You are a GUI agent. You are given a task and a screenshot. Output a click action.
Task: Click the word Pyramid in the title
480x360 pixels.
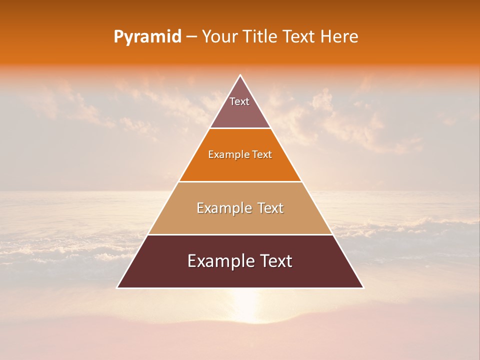click(x=147, y=37)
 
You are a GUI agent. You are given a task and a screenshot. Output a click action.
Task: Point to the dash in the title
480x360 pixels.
click(x=191, y=37)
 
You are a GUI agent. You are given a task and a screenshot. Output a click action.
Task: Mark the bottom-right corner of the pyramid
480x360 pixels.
click(x=363, y=287)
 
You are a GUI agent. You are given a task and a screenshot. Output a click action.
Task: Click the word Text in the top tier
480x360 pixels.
click(x=239, y=101)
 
